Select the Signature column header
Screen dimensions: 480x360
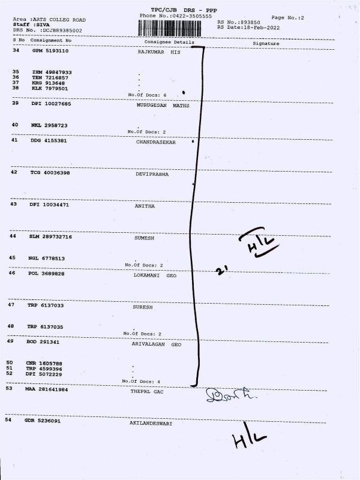pyautogui.click(x=266, y=44)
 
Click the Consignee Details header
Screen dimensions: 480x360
pyautogui.click(x=170, y=42)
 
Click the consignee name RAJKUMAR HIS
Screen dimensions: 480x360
pyautogui.click(x=159, y=53)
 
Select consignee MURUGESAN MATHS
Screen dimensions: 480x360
pyautogui.click(x=159, y=104)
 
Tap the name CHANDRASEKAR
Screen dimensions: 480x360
pyautogui.click(x=157, y=143)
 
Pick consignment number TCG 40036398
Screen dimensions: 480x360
pyautogui.click(x=50, y=173)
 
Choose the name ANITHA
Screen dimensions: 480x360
pyautogui.click(x=145, y=206)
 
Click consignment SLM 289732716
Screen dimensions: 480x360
pyautogui.click(x=50, y=237)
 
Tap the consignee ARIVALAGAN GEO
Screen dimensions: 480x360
pyautogui.click(x=156, y=345)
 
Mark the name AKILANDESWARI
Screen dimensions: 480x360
pyautogui.click(x=151, y=423)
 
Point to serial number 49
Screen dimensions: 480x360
pyautogui.click(x=10, y=341)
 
